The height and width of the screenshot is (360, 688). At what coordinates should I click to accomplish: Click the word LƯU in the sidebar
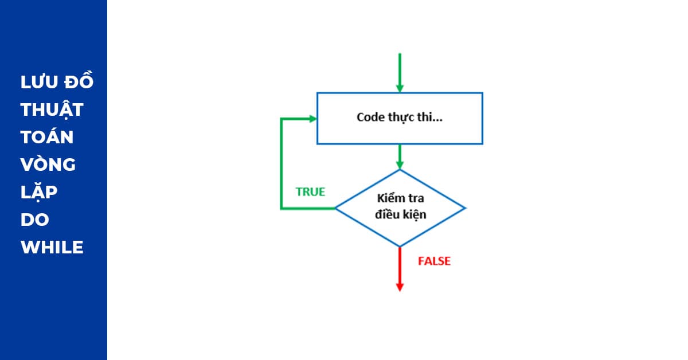click(38, 83)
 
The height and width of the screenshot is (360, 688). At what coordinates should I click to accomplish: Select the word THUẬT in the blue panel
click(52, 110)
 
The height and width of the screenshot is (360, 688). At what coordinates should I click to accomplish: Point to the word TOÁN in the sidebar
click(47, 136)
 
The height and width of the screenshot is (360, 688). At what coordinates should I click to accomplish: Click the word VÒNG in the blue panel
click(48, 165)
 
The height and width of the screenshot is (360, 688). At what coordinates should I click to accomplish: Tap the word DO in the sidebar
click(35, 220)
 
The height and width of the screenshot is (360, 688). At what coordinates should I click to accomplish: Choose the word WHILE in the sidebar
click(52, 248)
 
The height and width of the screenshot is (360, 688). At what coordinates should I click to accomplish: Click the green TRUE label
click(310, 192)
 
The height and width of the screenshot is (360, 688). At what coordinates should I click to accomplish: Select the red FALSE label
click(434, 261)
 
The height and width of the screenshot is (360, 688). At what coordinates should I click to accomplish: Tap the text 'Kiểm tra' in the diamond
click(400, 199)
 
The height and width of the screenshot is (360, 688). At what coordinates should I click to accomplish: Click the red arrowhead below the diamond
click(400, 287)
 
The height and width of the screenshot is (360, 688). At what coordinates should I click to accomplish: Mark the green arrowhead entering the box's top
click(400, 88)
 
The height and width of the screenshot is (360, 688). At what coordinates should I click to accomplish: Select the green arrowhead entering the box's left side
click(312, 118)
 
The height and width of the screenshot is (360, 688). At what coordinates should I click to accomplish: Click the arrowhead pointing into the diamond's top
click(400, 165)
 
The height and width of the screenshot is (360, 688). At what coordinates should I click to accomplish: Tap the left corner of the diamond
click(336, 208)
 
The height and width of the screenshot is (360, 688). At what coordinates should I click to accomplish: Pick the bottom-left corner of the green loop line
click(281, 208)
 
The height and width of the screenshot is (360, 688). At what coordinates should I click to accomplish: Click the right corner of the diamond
click(465, 208)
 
